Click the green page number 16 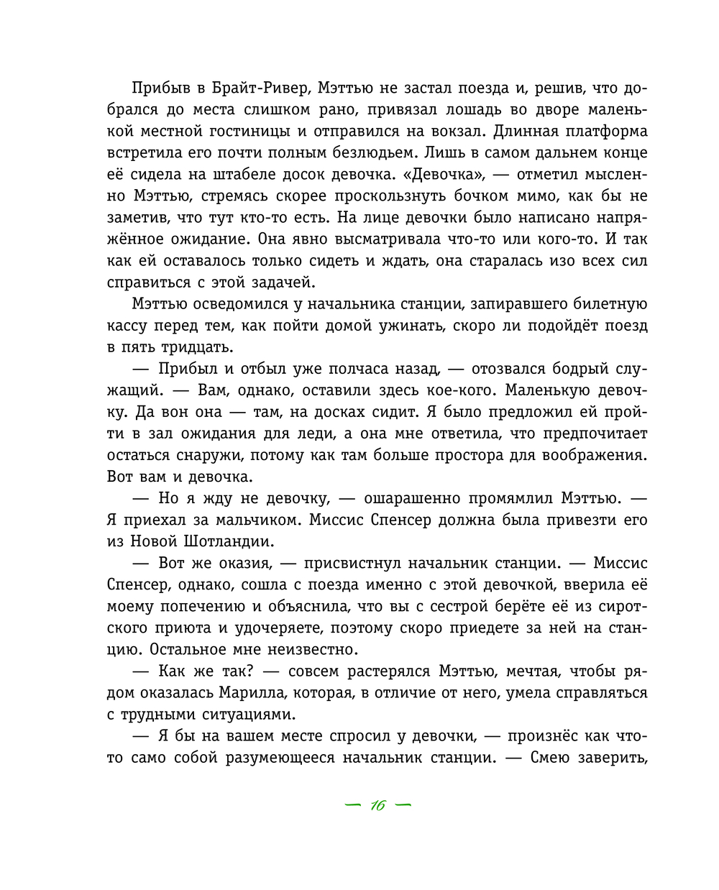pos(378,805)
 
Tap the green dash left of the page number pos(352,805)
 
